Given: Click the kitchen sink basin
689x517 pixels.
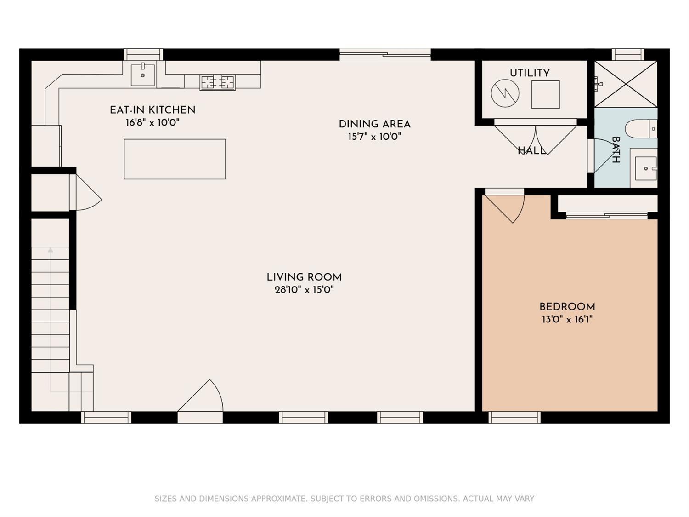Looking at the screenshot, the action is [143, 75].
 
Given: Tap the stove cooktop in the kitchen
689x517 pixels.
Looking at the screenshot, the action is [218, 82].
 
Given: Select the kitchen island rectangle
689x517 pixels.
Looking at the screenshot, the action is [175, 159].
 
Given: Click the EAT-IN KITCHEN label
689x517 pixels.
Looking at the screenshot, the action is [152, 109].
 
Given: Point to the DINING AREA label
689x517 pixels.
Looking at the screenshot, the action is [374, 124].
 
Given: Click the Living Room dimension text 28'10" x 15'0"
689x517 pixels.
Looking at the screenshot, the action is [304, 289].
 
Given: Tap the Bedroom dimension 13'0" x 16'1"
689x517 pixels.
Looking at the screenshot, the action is [567, 319].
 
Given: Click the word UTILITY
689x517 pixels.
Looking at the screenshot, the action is [530, 73].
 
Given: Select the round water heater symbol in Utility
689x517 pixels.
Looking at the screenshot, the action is [505, 93].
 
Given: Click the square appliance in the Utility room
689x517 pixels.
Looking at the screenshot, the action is [546, 94].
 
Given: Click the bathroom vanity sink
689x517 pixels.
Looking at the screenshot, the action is [646, 168].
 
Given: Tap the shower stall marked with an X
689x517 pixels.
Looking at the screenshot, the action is [626, 84].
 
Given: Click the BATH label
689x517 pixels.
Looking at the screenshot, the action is [616, 150].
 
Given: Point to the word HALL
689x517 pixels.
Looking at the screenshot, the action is [531, 151].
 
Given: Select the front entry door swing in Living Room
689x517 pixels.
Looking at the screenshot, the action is [200, 396].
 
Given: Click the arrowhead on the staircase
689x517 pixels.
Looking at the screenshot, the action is [50, 250].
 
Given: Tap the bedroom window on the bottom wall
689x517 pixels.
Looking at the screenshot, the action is [514, 417].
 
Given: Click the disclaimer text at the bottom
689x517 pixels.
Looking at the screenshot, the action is [344, 499].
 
